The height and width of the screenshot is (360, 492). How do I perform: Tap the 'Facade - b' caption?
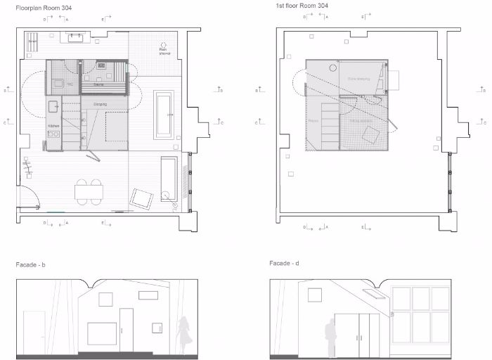coord(30,264)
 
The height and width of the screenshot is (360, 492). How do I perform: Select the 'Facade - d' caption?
coord(285,263)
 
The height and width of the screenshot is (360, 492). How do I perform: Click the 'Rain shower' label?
coord(165,51)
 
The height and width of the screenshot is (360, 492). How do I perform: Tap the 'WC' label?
coord(70,84)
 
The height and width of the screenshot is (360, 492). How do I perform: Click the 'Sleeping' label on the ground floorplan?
coord(101,103)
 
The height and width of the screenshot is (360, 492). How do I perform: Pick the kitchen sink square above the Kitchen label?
coord(53,106)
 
